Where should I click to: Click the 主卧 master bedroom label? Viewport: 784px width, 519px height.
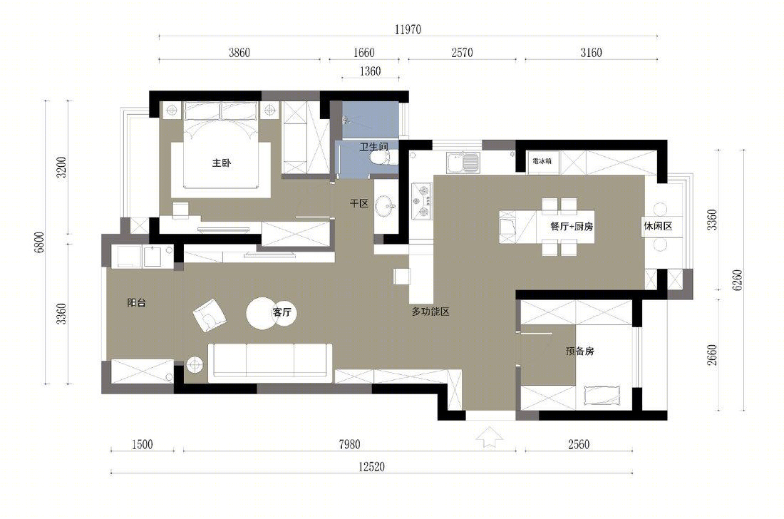pos(222,163)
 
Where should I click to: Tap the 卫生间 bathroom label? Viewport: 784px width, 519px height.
pos(374,146)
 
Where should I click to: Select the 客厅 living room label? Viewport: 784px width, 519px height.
pos(282,312)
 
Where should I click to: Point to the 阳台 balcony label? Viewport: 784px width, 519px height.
pos(137,302)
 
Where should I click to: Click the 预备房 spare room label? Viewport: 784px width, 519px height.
pos(580,351)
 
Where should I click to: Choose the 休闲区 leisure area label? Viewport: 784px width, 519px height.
pos(658,226)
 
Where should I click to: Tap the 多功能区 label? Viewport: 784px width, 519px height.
pos(430,312)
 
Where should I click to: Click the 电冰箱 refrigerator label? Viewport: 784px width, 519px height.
pos(542,161)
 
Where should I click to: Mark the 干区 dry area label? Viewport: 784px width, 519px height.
pos(359,203)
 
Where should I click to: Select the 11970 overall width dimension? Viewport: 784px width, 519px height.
pos(408,29)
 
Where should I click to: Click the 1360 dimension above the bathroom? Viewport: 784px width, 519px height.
pos(371,71)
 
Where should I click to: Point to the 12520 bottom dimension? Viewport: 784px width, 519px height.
pos(371,466)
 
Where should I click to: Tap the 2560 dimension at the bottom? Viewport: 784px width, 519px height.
pos(579,444)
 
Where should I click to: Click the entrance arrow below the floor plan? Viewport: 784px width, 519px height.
pos(490,438)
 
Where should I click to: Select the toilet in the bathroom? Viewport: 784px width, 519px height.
pos(379,158)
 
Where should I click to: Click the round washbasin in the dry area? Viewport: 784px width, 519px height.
pos(386,206)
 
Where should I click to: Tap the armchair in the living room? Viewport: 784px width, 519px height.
pos(210,315)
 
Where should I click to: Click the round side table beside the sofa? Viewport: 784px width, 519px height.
pos(195,365)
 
